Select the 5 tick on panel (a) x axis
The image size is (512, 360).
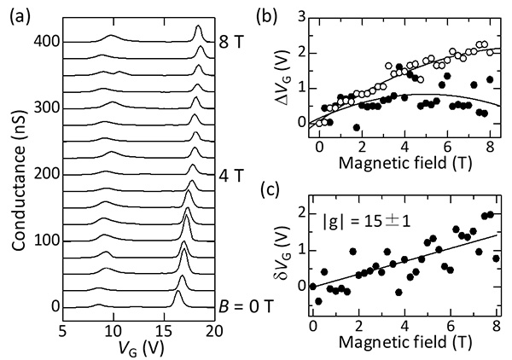(x=63, y=329)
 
